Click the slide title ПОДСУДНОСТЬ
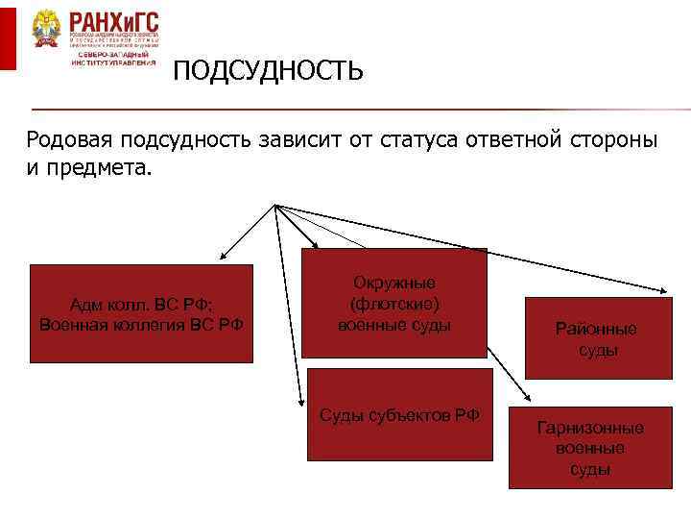pos(268,71)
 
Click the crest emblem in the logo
pos(45,29)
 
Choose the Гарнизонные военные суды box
pos(590,448)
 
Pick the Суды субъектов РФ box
pos(399,415)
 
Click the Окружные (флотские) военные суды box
pos(394,304)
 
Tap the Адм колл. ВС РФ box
pos(141,313)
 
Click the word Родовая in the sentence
pos(68,140)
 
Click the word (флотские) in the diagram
pos(394,304)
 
